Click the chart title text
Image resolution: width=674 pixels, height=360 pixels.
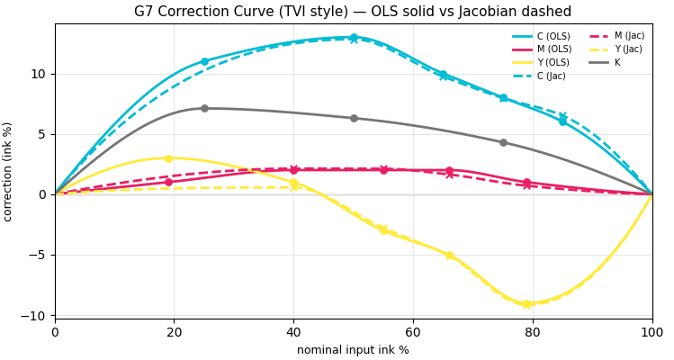click(353, 11)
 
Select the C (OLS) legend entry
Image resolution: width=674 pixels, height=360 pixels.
click(541, 36)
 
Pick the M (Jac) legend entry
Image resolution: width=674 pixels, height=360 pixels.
click(616, 36)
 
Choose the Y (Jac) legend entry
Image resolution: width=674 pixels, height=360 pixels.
click(616, 49)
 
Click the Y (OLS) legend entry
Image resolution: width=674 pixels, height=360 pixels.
click(540, 62)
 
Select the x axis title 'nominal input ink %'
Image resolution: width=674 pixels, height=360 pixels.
click(353, 350)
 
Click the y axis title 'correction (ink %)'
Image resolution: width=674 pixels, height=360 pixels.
click(7, 172)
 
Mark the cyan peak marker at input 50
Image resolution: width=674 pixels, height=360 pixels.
click(354, 38)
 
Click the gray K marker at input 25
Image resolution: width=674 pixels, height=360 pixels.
click(204, 108)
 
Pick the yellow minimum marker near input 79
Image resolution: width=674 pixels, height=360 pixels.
click(527, 304)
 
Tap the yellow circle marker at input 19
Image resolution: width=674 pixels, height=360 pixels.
click(168, 158)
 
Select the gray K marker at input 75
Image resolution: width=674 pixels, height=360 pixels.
click(503, 142)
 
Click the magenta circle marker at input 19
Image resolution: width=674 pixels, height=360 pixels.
click(168, 183)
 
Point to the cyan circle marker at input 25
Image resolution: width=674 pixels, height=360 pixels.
click(204, 61)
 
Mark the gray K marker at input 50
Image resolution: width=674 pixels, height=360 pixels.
click(354, 118)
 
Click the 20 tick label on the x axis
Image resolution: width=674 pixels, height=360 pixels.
click(174, 332)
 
